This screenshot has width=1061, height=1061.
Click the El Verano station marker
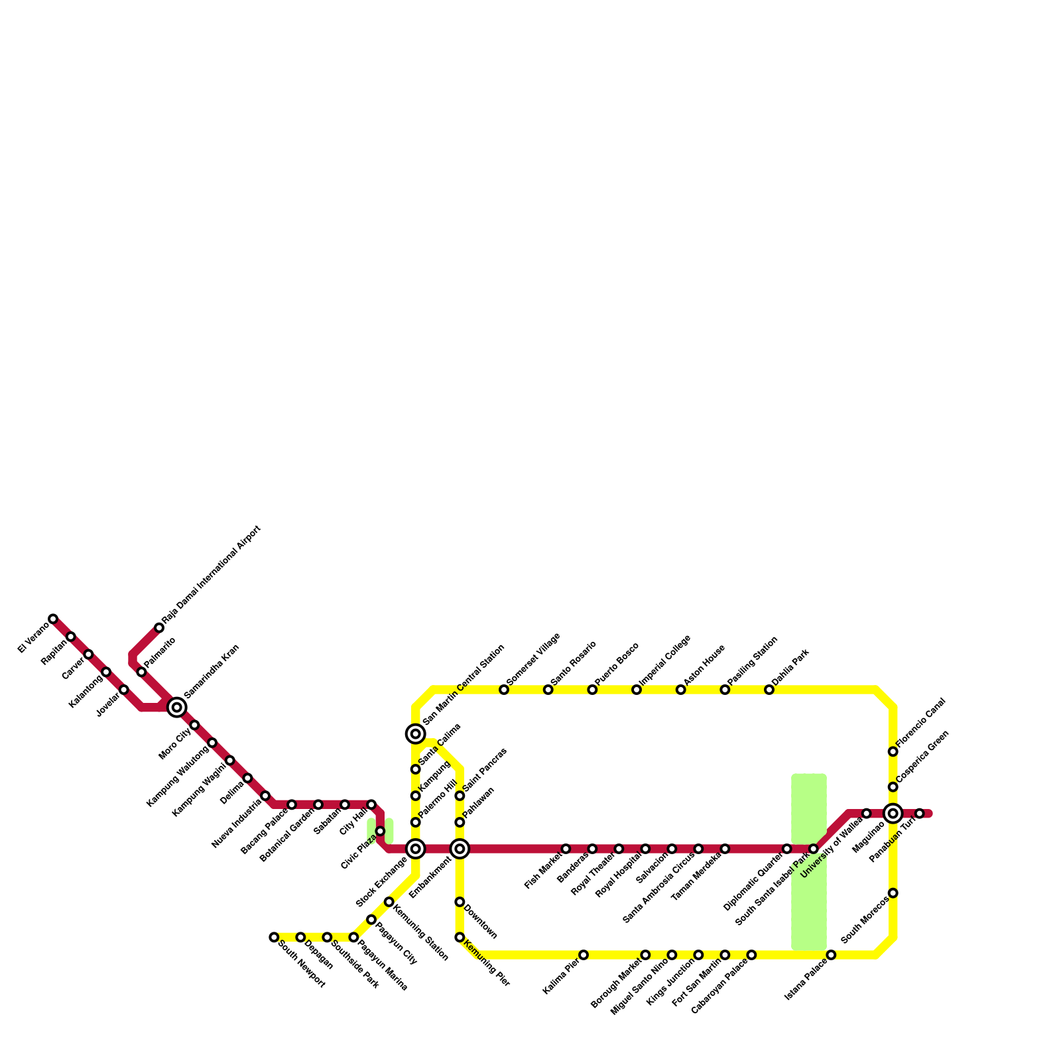click(53, 619)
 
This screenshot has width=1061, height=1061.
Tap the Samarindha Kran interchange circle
click(176, 708)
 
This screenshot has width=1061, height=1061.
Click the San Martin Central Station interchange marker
click(415, 733)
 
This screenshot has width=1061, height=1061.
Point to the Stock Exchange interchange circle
click(415, 849)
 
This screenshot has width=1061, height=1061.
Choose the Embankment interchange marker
click(460, 849)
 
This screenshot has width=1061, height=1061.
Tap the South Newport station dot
click(274, 937)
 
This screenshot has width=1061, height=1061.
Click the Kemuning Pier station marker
click(460, 937)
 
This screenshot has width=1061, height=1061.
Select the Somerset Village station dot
click(504, 690)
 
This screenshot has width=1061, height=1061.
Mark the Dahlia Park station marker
click(769, 690)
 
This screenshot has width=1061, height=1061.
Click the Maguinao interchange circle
click(893, 813)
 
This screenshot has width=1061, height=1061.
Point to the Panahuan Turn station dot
click(919, 813)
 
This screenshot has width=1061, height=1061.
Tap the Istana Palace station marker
click(831, 955)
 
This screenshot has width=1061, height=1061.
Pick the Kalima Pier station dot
click(584, 955)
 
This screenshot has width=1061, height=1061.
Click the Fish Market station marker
click(566, 849)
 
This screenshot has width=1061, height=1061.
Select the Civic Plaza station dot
click(380, 832)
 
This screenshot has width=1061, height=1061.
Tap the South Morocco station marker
click(893, 893)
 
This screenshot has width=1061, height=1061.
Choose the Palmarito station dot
click(141, 672)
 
